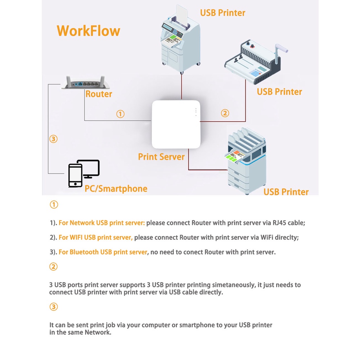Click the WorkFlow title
(88, 31)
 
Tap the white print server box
(176, 124)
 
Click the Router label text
(99, 94)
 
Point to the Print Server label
(161, 157)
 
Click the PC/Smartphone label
(116, 189)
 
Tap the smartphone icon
(75, 176)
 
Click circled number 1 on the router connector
(120, 114)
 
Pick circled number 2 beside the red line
(225, 113)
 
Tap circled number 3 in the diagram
(53, 139)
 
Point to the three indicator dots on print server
(196, 112)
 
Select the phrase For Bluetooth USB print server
(103, 252)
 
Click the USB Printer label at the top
(222, 13)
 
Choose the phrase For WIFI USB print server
(95, 238)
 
